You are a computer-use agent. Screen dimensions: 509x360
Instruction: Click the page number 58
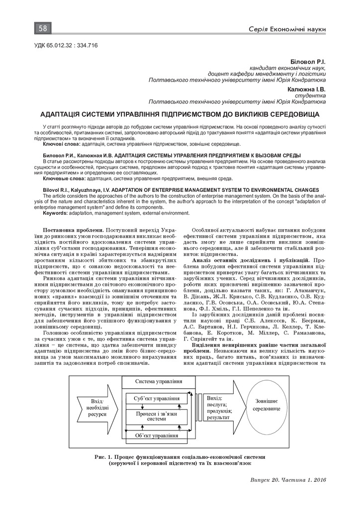[x=42, y=28]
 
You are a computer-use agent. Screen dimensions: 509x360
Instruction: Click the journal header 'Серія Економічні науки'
[x=287, y=31]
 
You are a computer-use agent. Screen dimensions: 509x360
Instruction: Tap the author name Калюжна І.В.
[x=306, y=89]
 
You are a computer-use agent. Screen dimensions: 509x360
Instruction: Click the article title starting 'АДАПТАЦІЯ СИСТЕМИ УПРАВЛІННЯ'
[x=180, y=113]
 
